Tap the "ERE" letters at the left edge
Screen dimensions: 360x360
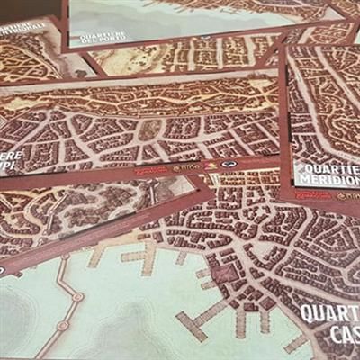pos(11,152)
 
